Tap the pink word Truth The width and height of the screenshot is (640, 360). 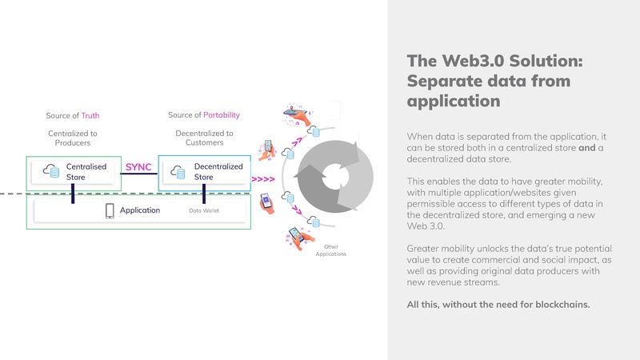[90, 115]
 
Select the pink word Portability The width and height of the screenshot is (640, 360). [222, 115]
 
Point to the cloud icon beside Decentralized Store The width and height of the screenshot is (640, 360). [179, 171]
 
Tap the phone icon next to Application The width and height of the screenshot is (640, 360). [110, 210]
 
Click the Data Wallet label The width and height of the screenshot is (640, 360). [203, 211]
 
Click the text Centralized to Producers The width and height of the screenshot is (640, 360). [73, 138]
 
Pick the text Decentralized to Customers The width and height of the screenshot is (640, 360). [204, 138]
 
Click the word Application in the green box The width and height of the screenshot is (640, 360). [140, 210]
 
